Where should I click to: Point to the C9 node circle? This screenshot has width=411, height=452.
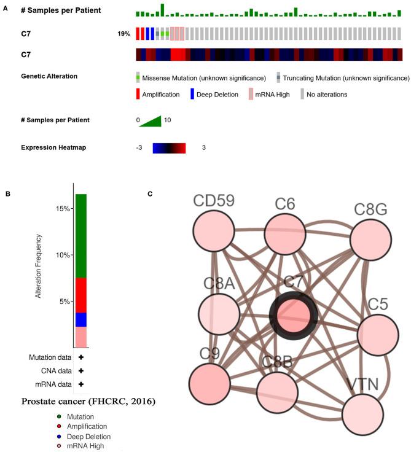click(213, 384)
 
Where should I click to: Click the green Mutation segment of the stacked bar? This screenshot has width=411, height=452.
click(81, 236)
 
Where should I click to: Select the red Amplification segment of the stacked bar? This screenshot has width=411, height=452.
click(81, 295)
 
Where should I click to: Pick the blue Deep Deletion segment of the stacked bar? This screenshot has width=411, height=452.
click(81, 319)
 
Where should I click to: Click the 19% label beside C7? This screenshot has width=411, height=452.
click(124, 34)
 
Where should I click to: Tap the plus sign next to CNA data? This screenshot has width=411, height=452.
click(80, 371)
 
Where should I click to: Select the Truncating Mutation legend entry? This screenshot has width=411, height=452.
click(343, 78)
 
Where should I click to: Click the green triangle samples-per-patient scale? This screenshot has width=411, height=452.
click(150, 120)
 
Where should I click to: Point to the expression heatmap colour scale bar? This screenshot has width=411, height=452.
click(170, 148)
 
